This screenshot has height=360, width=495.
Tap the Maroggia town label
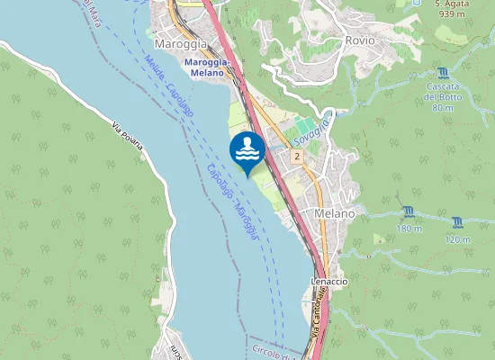click(181, 43)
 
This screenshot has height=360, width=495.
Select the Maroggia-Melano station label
click(207, 67)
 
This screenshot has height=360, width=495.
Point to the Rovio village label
click(360, 40)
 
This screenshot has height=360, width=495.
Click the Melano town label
click(335, 213)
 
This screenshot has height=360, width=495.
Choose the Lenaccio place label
click(329, 281)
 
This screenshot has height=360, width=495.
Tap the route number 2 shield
click(296, 157)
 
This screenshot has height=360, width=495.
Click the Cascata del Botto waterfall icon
click(441, 73)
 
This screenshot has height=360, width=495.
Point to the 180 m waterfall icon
click(409, 211)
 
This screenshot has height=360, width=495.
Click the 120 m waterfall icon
click(458, 221)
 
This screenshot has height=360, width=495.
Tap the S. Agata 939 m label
click(450, 10)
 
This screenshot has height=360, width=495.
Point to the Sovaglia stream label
click(314, 126)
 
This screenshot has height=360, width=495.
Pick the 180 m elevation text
click(409, 229)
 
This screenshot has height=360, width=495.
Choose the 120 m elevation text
click(458, 238)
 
